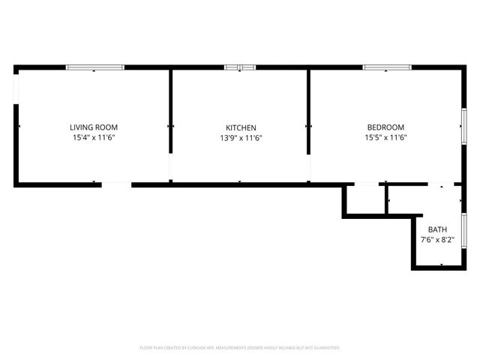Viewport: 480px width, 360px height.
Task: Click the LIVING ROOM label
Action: (94, 127)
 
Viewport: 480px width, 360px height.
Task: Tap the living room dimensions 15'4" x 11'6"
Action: (94, 138)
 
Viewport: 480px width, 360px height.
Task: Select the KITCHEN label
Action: (241, 127)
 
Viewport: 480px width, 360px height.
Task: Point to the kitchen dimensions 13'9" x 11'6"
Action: (241, 138)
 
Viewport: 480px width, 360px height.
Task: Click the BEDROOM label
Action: (385, 127)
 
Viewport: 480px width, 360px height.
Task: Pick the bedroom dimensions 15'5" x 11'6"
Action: (385, 138)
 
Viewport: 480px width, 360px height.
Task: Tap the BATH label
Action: (436, 229)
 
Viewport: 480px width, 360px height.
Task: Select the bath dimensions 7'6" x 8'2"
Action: (436, 240)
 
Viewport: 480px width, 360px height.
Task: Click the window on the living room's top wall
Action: (95, 67)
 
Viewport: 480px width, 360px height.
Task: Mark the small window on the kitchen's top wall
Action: (240, 67)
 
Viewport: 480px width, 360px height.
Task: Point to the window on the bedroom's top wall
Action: (386, 67)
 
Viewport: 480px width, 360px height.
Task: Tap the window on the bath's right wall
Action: (464, 229)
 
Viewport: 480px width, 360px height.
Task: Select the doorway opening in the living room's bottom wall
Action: (116, 184)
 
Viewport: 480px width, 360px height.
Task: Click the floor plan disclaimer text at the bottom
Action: (240, 348)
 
